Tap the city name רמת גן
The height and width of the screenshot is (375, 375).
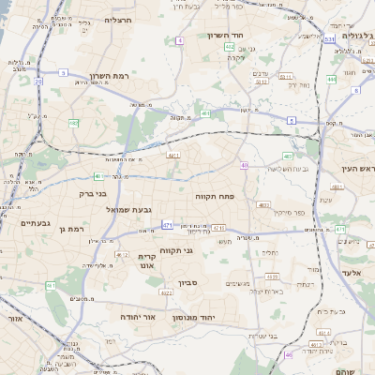point(70,228)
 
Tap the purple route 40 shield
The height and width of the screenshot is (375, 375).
point(244,166)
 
